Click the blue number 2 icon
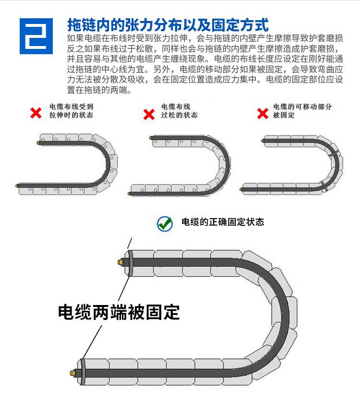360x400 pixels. [x=36, y=36]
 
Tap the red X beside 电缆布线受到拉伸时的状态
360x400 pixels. [x=36, y=113]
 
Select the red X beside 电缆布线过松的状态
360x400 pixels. [x=149, y=114]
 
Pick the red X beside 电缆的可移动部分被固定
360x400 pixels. [x=263, y=114]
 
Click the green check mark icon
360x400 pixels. [x=165, y=223]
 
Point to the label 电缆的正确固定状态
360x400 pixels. [x=222, y=222]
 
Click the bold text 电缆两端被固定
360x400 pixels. [x=119, y=312]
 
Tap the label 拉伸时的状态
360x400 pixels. [x=71, y=116]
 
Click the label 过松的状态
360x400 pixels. [x=180, y=116]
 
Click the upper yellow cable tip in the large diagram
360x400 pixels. [x=120, y=262]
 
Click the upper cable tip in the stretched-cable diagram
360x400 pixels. [x=38, y=142]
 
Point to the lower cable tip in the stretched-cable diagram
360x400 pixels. [x=17, y=184]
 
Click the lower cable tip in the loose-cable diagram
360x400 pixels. [x=129, y=193]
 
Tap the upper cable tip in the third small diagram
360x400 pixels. [x=263, y=141]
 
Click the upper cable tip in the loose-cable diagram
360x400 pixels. [x=151, y=138]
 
